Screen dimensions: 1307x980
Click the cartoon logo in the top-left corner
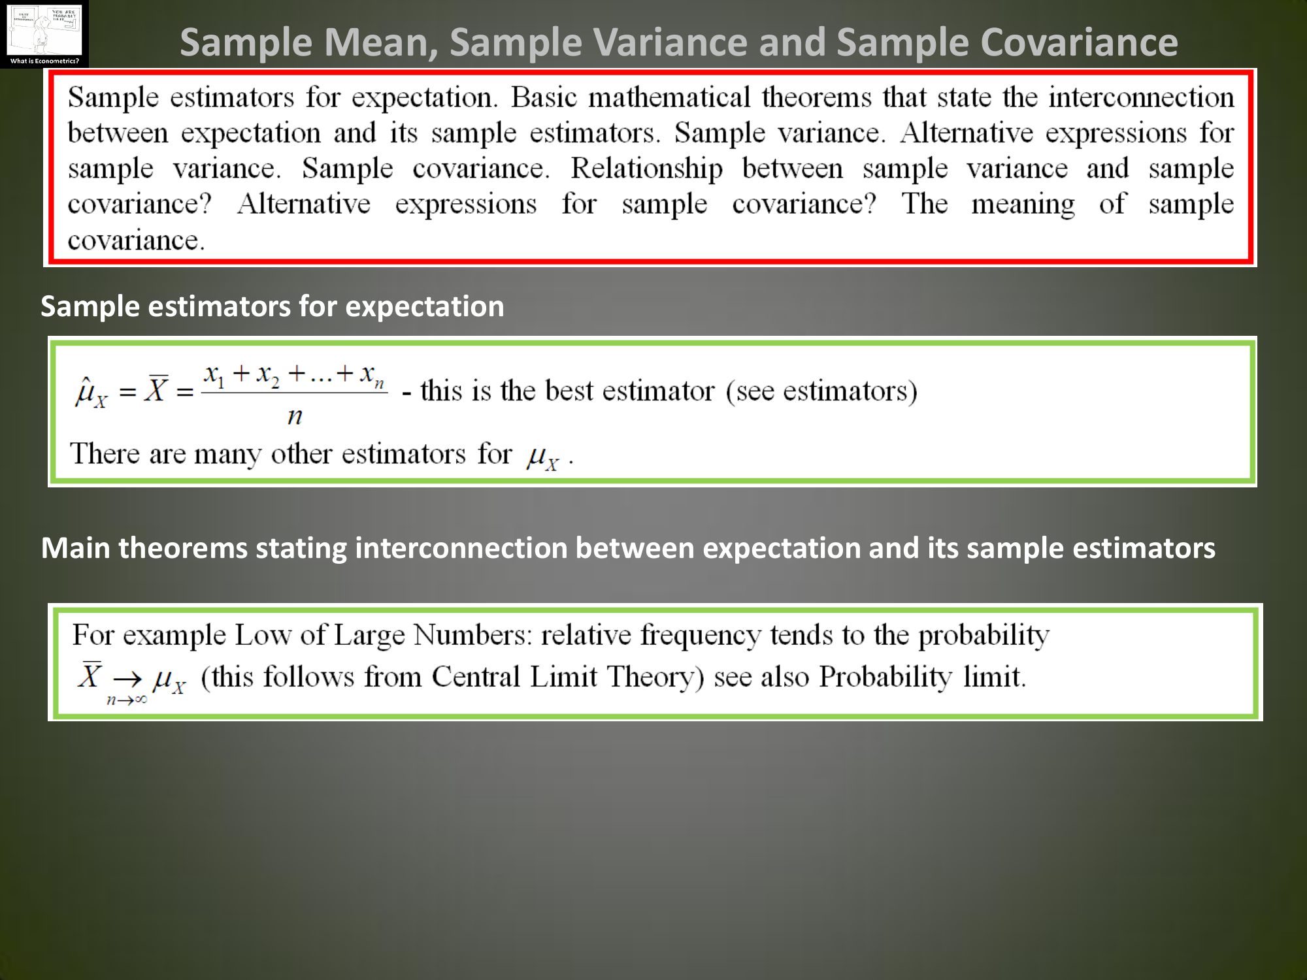[x=44, y=34]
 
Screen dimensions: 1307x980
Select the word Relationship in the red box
[x=647, y=169]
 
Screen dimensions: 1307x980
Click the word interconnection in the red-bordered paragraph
[x=1142, y=97]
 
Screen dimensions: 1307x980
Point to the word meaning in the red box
[x=1023, y=204]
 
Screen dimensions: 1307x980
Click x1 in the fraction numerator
[x=214, y=375]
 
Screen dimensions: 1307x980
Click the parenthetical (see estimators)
[x=821, y=391]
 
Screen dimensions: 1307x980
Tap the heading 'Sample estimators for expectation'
[x=273, y=306]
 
